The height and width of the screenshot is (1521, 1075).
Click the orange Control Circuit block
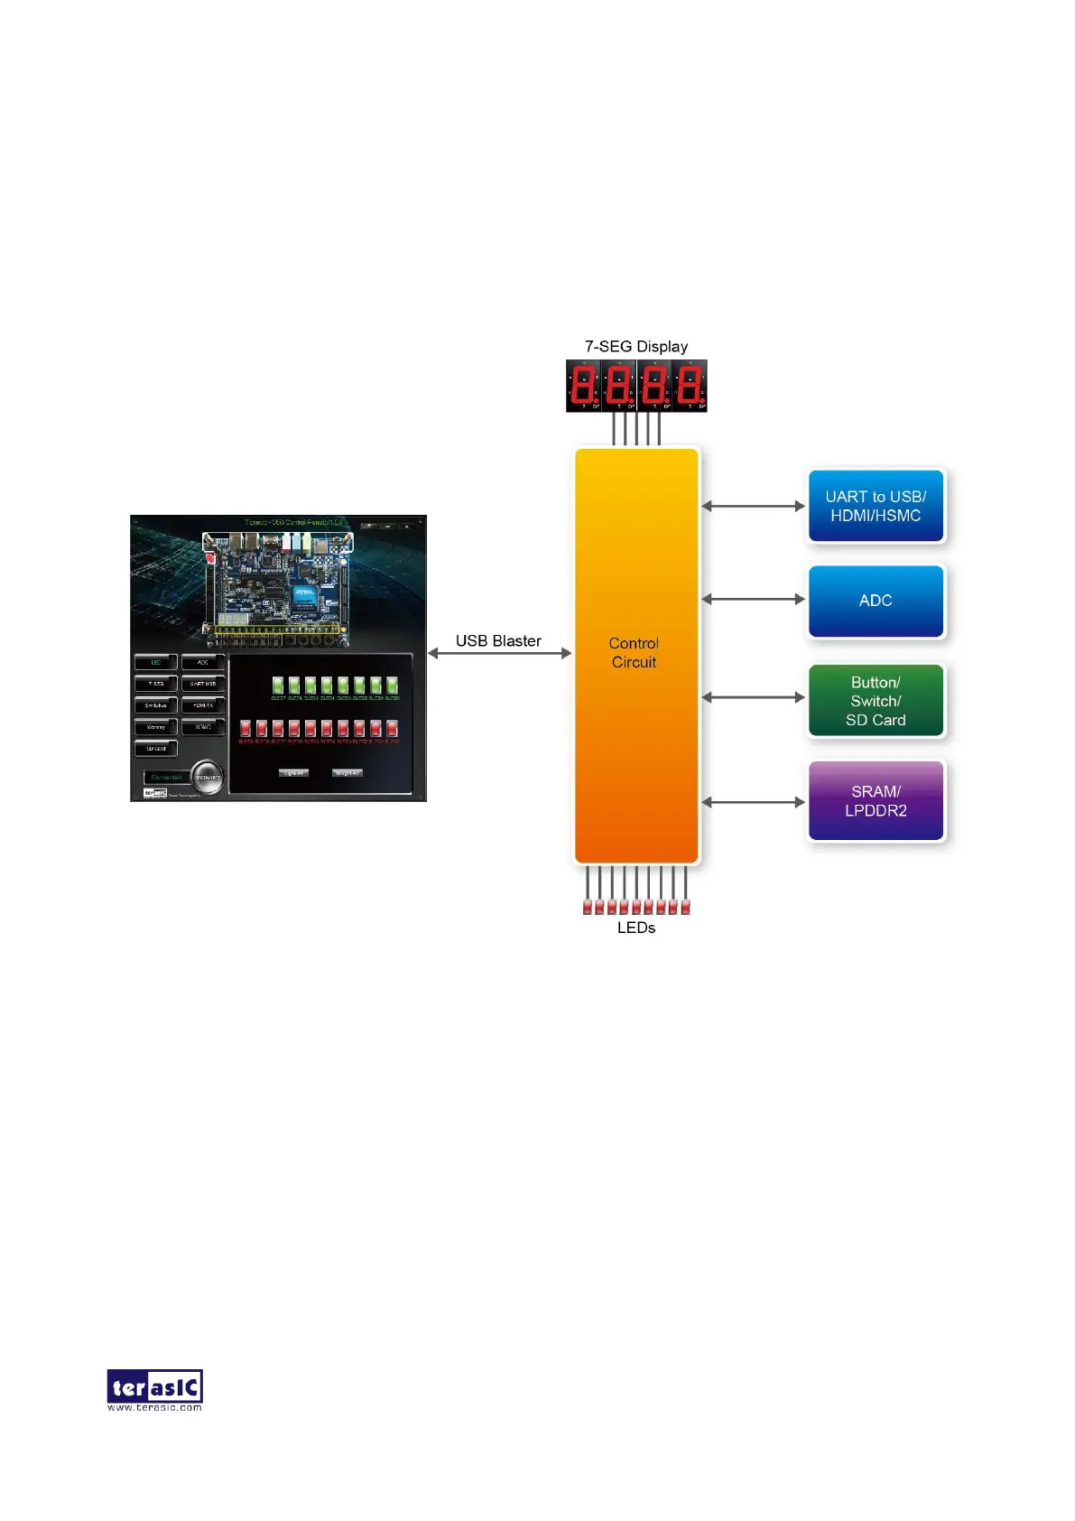636,655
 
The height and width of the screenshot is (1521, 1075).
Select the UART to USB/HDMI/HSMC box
876,506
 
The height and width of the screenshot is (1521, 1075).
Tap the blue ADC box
876,601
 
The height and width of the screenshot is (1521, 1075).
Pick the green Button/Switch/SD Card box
876,701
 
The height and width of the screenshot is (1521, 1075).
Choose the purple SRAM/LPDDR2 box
876,801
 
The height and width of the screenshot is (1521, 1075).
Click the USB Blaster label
498,640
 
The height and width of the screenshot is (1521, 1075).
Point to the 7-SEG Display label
636,347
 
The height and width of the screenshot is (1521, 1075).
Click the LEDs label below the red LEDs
636,928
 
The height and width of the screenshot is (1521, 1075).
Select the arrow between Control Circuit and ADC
753,599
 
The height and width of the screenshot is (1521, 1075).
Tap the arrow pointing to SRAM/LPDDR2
753,802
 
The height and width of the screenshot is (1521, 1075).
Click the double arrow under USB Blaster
499,653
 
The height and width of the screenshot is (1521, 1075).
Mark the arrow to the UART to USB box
753,506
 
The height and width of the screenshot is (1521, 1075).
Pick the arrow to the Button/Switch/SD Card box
753,697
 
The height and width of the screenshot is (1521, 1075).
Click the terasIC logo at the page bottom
154,1389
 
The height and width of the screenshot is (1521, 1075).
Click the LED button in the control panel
156,663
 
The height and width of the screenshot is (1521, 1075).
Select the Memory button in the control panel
156,727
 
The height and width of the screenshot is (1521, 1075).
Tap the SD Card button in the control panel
156,749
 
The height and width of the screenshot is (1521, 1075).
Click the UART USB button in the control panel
203,684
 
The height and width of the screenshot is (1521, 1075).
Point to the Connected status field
167,778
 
